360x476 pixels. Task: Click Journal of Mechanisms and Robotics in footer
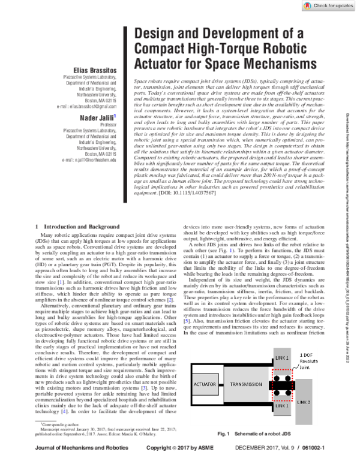[x=74, y=464]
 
